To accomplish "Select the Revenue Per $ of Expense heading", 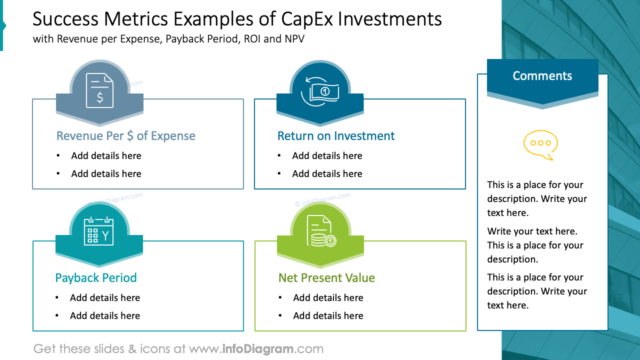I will point(125,136).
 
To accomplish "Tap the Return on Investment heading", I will point(335,136).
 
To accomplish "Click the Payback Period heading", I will point(95,278).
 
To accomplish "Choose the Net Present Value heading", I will point(326,278).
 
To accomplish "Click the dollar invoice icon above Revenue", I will point(99,90).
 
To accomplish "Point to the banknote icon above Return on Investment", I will point(320,91).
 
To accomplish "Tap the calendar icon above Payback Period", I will point(98,231).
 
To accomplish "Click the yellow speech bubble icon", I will point(540,144).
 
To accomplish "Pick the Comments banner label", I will point(542,76).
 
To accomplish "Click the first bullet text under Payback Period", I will point(105,298).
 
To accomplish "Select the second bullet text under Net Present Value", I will point(328,316).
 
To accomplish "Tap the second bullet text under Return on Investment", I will point(327,174).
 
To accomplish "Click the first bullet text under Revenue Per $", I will point(106,156).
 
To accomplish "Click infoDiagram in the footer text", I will point(256,349).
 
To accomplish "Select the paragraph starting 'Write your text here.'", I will point(532,245).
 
